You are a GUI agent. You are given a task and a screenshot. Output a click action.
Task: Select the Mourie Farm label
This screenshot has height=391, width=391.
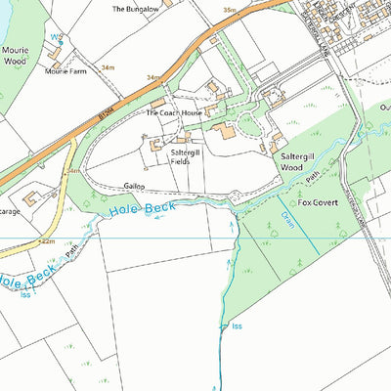click(x=67, y=70)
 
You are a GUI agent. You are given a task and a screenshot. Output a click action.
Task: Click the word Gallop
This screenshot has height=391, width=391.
click(x=134, y=185)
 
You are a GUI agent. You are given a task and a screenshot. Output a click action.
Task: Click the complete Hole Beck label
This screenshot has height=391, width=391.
click(x=145, y=208)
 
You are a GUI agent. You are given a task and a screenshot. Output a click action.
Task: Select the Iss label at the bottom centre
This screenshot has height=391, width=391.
click(x=236, y=326)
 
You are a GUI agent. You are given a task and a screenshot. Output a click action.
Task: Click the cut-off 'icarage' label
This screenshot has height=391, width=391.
click(x=11, y=208)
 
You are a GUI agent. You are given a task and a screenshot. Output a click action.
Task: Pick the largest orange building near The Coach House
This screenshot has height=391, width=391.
click(x=227, y=131)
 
